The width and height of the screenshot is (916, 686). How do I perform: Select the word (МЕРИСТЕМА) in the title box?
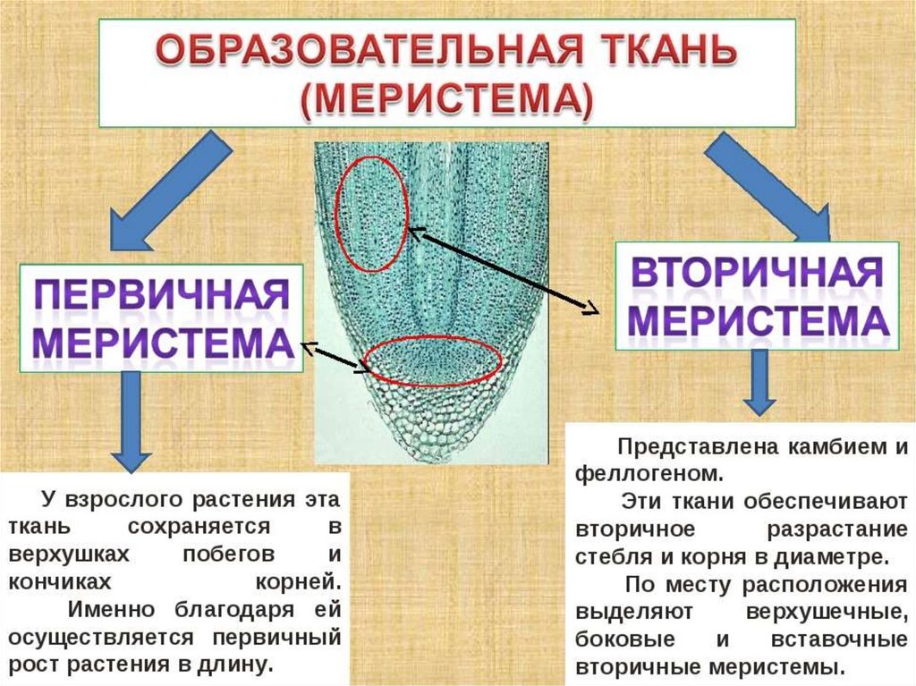(x=446, y=101)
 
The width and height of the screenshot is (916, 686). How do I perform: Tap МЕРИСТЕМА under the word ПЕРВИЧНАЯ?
(x=162, y=345)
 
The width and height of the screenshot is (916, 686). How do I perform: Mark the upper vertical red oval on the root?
(x=371, y=214)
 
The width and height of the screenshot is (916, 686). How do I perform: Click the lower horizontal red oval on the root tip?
(x=435, y=361)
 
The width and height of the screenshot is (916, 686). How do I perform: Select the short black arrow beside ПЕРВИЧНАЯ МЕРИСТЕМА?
(x=335, y=357)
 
